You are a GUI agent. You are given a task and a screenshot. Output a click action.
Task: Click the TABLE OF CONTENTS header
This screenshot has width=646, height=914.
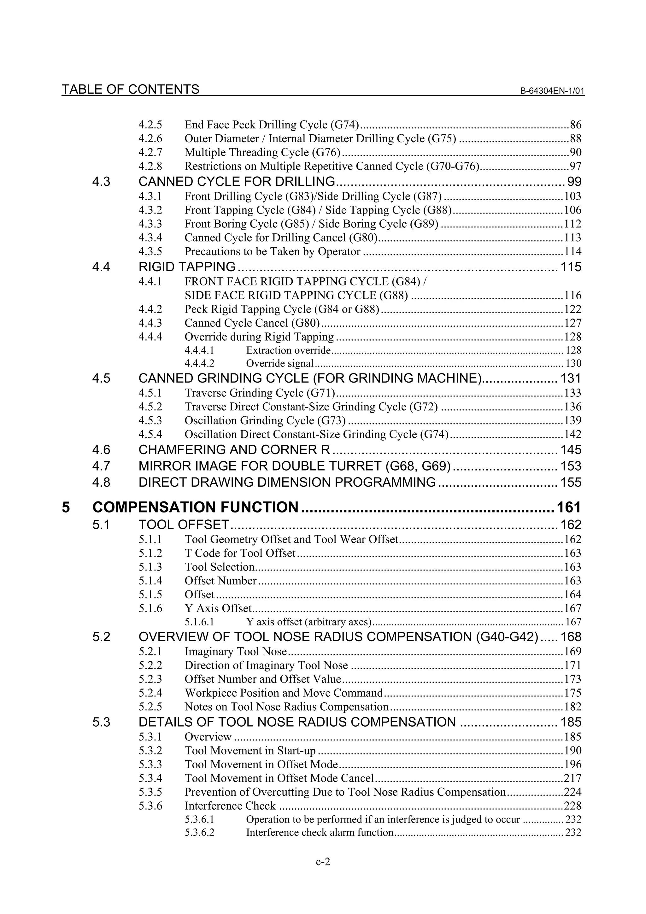(130, 89)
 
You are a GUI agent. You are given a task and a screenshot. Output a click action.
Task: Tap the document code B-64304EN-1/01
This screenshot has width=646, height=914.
(552, 91)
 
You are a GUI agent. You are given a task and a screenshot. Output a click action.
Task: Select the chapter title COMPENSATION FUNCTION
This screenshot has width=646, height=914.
(195, 507)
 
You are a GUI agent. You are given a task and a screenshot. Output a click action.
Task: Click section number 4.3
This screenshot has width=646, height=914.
(101, 182)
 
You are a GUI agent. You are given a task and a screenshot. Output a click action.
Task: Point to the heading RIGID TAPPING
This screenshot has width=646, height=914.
(187, 267)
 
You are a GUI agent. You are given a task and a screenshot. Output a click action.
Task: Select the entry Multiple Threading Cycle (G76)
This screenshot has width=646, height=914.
(262, 152)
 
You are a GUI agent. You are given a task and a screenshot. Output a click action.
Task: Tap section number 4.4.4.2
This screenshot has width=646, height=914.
(199, 363)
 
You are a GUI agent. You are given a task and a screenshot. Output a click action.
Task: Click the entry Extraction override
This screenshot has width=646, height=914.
(288, 350)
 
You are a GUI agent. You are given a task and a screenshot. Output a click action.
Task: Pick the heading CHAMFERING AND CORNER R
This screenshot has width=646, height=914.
(234, 450)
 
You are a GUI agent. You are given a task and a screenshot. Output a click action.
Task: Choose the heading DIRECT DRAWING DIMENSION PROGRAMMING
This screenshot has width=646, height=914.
(287, 483)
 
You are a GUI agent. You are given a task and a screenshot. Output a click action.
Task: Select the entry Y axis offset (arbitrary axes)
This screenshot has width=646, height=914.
(308, 622)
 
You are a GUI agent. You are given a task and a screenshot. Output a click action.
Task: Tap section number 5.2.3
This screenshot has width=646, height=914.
(150, 679)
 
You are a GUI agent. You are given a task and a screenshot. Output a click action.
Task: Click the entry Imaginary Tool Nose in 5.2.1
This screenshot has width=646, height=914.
(236, 652)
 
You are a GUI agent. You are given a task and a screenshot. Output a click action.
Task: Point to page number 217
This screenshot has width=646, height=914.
(573, 778)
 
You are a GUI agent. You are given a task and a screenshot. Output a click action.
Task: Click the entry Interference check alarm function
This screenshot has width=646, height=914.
(320, 832)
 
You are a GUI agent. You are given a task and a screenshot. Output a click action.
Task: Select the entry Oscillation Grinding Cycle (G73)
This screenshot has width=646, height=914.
(265, 421)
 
